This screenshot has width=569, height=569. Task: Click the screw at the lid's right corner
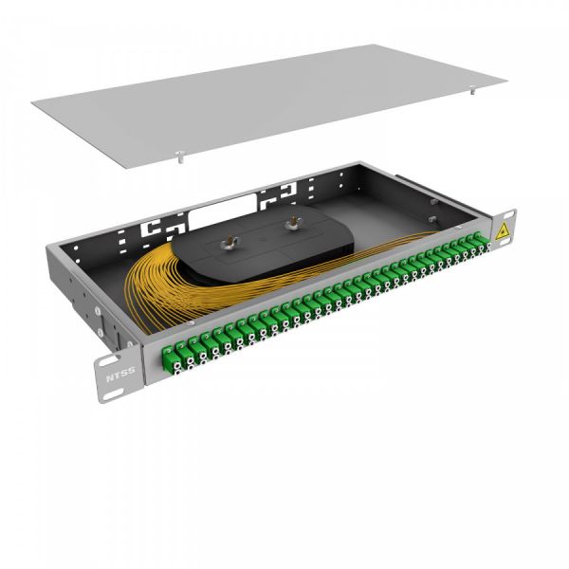(472, 93)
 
